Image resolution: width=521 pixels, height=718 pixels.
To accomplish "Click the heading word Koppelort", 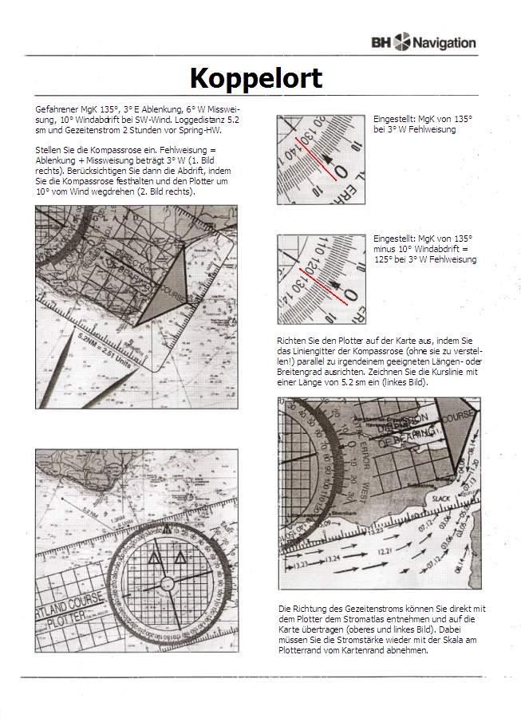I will click(x=255, y=78).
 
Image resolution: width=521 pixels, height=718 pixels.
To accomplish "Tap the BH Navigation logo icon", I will click(x=401, y=41).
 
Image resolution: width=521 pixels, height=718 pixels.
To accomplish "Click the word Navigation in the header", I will click(x=444, y=42).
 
